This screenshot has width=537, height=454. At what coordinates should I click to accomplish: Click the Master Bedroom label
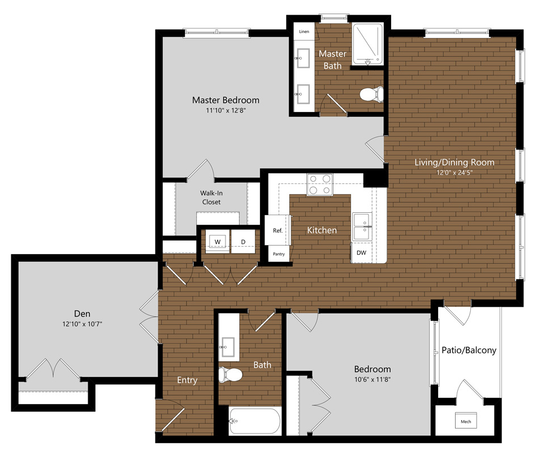pos(226,100)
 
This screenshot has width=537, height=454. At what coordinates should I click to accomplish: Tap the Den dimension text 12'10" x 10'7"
pos(82,324)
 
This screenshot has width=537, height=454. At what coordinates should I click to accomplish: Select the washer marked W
pos(218,241)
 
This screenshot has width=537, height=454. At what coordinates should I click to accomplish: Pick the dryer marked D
pos(243,241)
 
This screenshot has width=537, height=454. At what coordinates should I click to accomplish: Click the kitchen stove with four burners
pos(320,185)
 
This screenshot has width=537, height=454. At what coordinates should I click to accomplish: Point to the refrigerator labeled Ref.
pos(278,230)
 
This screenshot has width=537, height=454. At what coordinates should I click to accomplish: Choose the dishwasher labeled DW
pos(361,252)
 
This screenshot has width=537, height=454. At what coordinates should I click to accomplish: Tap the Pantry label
pos(279,254)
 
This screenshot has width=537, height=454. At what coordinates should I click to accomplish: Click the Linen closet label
pos(304,32)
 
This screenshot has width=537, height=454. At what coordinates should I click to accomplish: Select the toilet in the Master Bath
pos(371,94)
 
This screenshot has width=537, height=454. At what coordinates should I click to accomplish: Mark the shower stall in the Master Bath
pos(367,44)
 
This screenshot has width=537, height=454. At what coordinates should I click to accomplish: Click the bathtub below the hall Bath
pos(255,421)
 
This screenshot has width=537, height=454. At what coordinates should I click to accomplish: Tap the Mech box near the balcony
pos(466,421)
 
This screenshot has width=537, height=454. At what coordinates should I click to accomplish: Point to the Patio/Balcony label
pos(469,350)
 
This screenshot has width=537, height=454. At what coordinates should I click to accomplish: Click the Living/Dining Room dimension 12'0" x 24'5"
pos(454,173)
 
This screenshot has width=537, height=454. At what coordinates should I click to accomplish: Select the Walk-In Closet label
pos(211,198)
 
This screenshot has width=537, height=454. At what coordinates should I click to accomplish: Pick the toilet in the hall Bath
pos(230,374)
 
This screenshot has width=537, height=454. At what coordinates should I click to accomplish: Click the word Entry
pos(187,380)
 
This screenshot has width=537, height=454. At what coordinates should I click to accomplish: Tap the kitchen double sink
pos(362,226)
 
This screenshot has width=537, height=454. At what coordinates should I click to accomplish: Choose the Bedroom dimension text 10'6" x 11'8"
pos(373,379)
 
